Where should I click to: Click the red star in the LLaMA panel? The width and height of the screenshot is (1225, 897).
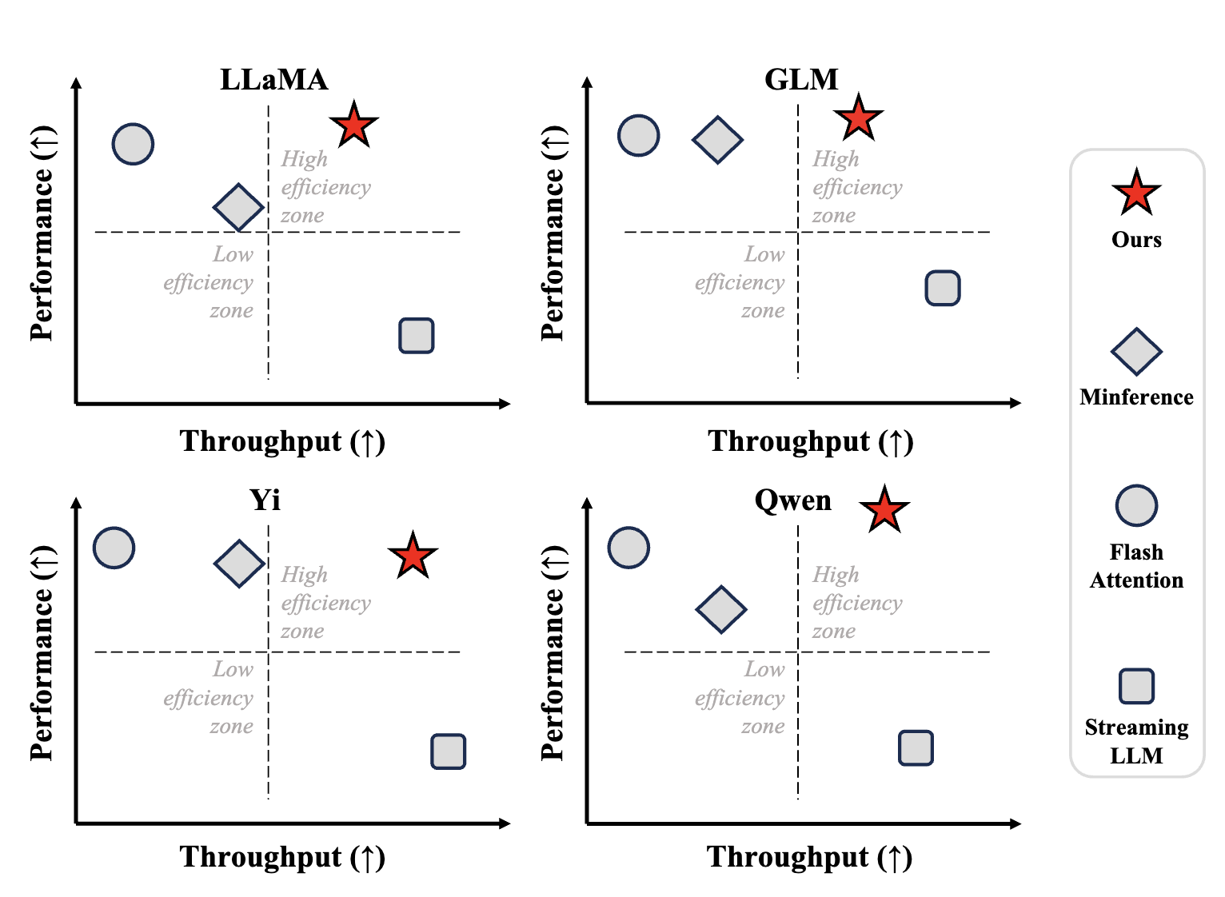pos(353,126)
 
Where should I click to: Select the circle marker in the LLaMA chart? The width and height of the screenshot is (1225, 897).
pos(133,145)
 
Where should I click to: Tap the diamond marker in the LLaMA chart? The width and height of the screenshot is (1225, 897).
pos(238,207)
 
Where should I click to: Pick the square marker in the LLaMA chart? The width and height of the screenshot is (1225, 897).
pos(417,336)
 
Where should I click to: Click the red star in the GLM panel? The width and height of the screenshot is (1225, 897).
pos(858,118)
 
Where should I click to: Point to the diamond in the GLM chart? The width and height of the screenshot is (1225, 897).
pos(717,140)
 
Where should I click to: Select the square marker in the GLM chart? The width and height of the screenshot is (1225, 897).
pos(943,288)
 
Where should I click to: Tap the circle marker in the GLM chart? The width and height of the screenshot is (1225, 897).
pos(639,136)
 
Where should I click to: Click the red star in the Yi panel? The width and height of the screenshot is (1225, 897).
pos(413,556)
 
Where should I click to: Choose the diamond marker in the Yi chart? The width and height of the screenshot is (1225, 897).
pos(239,564)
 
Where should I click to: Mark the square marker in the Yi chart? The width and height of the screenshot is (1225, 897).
pos(449,751)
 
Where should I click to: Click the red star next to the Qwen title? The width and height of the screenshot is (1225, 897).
pos(884,510)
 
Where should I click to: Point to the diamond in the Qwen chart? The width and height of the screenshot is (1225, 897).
pos(721,609)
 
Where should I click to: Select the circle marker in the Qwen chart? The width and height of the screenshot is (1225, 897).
pos(628,548)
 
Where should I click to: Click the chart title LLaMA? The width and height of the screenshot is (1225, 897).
pos(273,80)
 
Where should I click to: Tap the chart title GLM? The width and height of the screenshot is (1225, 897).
pos(801,80)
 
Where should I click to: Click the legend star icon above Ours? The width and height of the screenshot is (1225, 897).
pos(1136,193)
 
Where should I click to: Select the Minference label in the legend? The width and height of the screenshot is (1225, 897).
pos(1136,397)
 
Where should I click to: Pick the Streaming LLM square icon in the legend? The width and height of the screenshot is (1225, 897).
pos(1136,686)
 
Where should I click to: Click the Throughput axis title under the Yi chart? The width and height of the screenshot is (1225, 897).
pos(282,857)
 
